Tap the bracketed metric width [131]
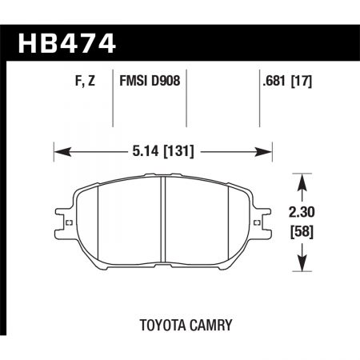tap(178, 149)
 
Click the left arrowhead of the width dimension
tap(58, 149)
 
